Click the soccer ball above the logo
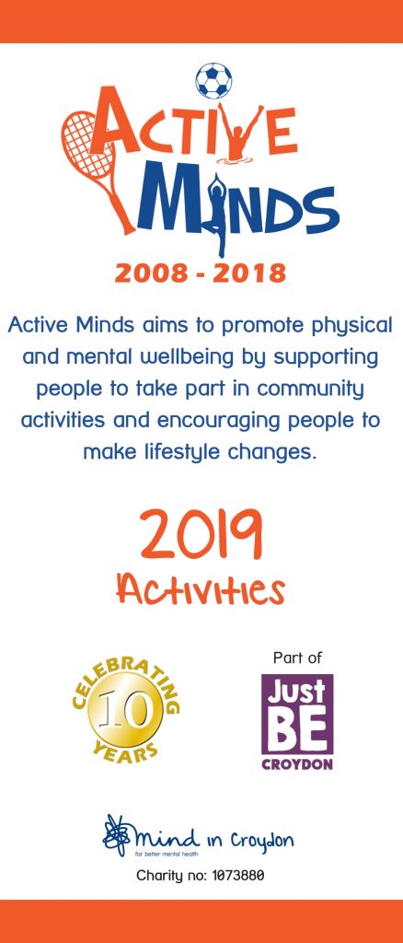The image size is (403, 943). [x=213, y=81]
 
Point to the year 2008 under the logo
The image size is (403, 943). [x=149, y=274]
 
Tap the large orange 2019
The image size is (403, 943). [x=201, y=533]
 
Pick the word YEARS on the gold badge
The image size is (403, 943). [x=126, y=750]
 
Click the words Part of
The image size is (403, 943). [x=297, y=658]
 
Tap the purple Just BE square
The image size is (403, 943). [x=297, y=714]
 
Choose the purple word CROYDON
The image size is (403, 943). [x=297, y=765]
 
